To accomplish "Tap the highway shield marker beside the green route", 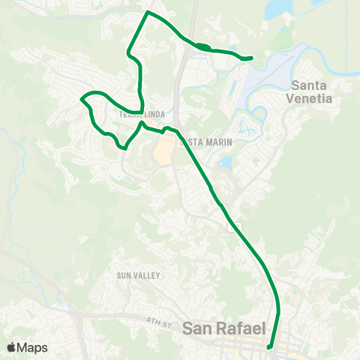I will (x=236, y=226).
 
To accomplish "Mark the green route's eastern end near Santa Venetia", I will (x=250, y=58).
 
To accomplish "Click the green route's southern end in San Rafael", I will (x=270, y=347).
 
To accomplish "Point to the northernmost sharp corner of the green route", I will (x=147, y=13).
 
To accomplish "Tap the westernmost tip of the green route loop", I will (x=82, y=98).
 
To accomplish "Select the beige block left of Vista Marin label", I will (x=163, y=151).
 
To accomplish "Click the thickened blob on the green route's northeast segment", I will (x=202, y=47).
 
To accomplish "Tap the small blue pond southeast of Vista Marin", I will (x=225, y=162).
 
